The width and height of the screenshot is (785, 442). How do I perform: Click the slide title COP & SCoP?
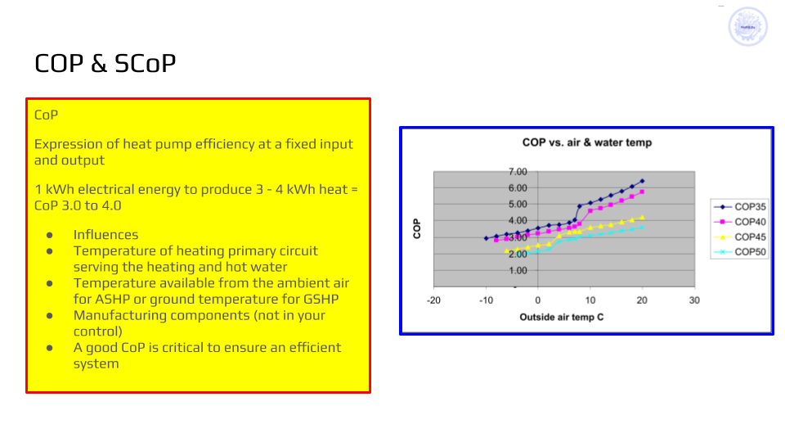click(105, 63)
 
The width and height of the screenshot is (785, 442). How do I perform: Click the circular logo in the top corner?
click(747, 27)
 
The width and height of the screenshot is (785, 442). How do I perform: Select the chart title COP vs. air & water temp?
click(587, 142)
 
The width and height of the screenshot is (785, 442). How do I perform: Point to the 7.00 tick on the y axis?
click(518, 172)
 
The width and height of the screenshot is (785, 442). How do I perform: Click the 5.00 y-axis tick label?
click(518, 204)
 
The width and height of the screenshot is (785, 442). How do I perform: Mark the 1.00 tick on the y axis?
click(518, 270)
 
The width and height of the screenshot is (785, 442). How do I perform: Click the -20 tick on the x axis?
click(433, 300)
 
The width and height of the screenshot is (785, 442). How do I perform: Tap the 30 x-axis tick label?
click(694, 300)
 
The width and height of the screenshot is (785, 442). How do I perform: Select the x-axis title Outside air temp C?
click(562, 317)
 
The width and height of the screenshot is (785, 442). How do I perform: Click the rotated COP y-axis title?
click(417, 228)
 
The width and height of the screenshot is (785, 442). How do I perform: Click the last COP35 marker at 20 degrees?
click(642, 181)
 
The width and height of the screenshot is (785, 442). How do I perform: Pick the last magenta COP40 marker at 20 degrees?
click(642, 192)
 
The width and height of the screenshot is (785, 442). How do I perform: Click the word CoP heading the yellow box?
click(46, 115)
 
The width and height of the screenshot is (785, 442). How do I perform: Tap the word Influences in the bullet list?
click(105, 235)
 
